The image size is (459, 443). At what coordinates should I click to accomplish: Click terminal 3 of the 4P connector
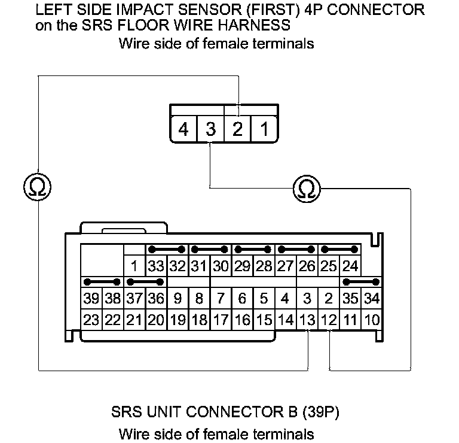point(210,129)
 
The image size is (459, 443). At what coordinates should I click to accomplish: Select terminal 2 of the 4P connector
point(237,129)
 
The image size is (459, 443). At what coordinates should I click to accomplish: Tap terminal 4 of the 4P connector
point(183,129)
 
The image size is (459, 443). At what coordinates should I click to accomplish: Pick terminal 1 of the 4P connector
point(264,129)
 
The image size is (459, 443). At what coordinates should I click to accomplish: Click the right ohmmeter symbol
point(307,190)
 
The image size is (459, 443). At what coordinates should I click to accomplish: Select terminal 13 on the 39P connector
point(307,320)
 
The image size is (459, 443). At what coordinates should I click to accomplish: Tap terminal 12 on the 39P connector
point(328,320)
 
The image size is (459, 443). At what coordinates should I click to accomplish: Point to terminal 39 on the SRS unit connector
point(91,298)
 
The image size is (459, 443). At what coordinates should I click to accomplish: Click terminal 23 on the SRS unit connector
point(91,320)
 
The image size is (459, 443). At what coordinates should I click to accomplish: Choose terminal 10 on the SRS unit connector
point(371,320)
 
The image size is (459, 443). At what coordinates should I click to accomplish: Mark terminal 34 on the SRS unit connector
point(371,298)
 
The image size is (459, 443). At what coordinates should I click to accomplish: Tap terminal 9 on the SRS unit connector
point(178,298)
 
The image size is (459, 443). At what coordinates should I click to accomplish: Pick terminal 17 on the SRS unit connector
point(221,320)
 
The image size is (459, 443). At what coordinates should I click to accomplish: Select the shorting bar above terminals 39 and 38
point(102,281)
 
